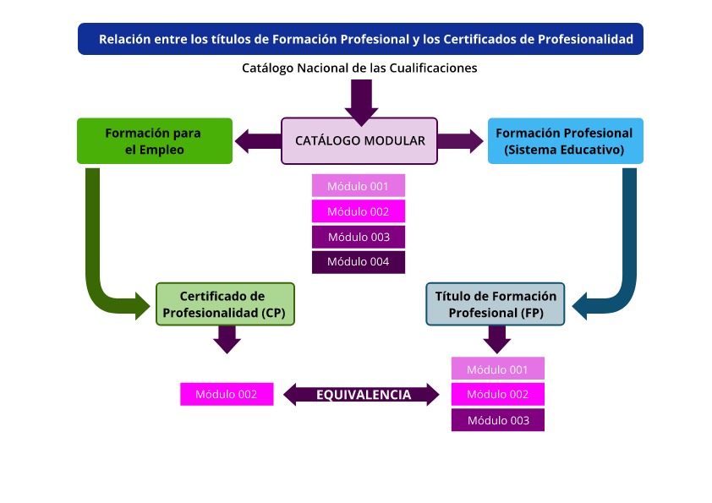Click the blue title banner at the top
[x=360, y=39]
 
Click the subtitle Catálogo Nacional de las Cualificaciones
[x=359, y=68]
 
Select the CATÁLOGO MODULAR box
[x=359, y=140]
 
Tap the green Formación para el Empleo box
[x=155, y=140]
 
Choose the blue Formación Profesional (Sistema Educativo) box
[x=564, y=140]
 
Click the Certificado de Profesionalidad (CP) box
[x=226, y=304]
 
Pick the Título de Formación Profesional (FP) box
[x=496, y=304]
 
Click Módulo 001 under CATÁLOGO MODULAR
[x=359, y=186]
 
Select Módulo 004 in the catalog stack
[x=359, y=262]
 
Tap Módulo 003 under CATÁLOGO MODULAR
[x=359, y=237]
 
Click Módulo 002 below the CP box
[x=227, y=394]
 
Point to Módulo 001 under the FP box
[x=497, y=369]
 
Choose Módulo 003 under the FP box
[x=497, y=420]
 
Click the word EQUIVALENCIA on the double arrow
[x=364, y=395]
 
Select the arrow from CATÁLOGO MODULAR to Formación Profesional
[x=461, y=140]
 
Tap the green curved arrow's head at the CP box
[x=142, y=304]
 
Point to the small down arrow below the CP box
[x=226, y=340]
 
